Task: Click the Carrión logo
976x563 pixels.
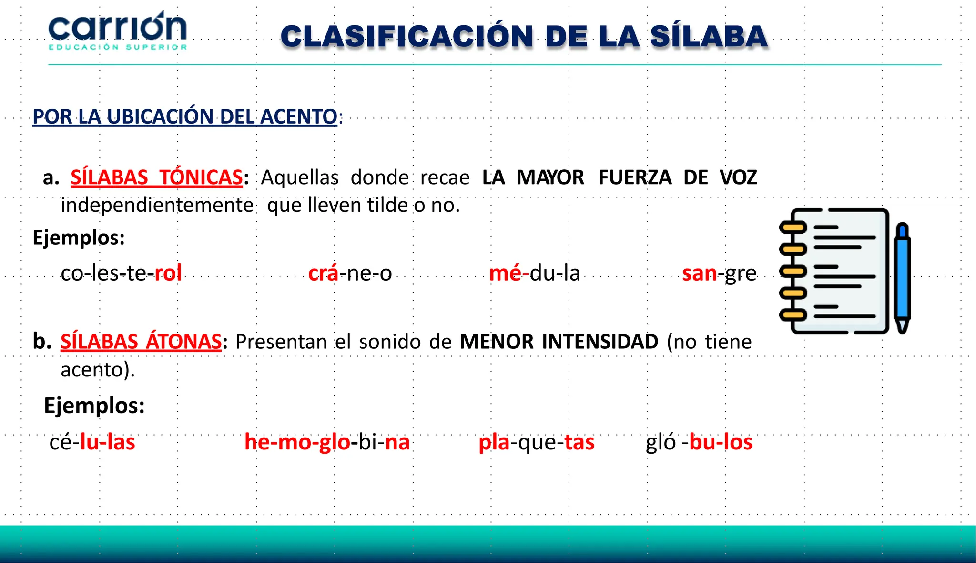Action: pyautogui.click(x=117, y=31)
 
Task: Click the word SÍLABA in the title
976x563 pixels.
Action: pyautogui.click(x=708, y=37)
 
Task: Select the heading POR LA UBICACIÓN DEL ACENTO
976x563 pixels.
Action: pyautogui.click(x=185, y=116)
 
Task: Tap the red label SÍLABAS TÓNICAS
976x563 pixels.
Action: pyautogui.click(x=156, y=177)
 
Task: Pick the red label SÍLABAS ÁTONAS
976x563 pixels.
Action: pyautogui.click(x=141, y=342)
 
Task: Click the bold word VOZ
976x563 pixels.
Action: pyautogui.click(x=738, y=177)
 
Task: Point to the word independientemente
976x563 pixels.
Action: pyautogui.click(x=157, y=205)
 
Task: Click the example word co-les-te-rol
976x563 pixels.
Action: pyautogui.click(x=121, y=273)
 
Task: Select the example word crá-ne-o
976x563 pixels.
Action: pyautogui.click(x=350, y=273)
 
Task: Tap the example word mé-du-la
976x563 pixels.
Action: pyautogui.click(x=534, y=273)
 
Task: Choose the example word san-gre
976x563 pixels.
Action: pyautogui.click(x=719, y=273)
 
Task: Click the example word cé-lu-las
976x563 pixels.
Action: pyautogui.click(x=92, y=442)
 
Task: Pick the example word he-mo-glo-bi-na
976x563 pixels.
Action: pyautogui.click(x=327, y=442)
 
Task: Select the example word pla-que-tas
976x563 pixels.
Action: pyautogui.click(x=536, y=442)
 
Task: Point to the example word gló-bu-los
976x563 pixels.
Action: pyautogui.click(x=699, y=442)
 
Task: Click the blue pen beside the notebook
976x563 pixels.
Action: pyautogui.click(x=902, y=277)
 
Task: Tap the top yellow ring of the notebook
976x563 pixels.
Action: pyautogui.click(x=793, y=228)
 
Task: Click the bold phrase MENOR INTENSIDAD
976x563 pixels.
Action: pyautogui.click(x=559, y=342)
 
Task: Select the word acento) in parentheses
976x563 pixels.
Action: pyautogui.click(x=98, y=370)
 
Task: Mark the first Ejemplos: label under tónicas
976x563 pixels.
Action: pyautogui.click(x=79, y=238)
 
